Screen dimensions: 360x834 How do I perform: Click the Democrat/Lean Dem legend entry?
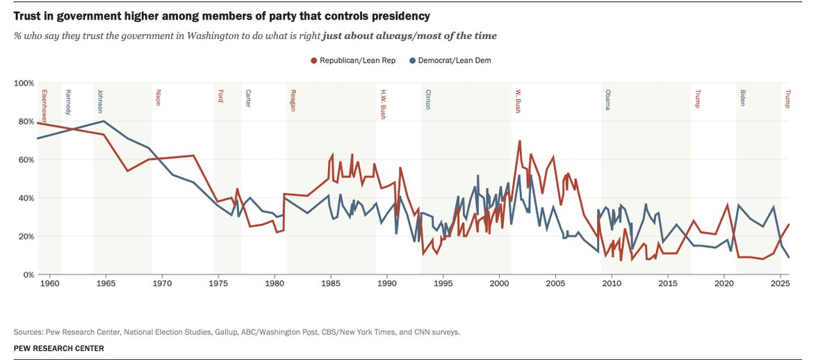(455, 61)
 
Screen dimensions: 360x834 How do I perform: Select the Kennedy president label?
(67, 102)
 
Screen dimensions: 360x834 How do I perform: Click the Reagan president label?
(292, 100)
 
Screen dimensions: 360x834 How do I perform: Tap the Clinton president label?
(427, 100)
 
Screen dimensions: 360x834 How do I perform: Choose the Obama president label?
(608, 100)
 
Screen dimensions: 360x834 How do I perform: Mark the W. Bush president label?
(518, 101)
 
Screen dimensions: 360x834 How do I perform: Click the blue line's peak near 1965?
(104, 121)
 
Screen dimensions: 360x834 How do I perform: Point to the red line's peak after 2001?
(518, 141)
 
